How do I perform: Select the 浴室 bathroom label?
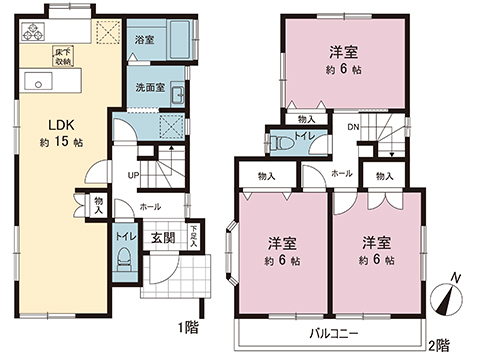pyautogui.click(x=142, y=39)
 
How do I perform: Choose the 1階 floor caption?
pyautogui.click(x=188, y=326)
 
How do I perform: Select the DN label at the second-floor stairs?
pyautogui.click(x=353, y=127)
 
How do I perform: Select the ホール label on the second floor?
pyautogui.click(x=340, y=172)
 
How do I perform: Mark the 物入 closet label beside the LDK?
pyautogui.click(x=98, y=206)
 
